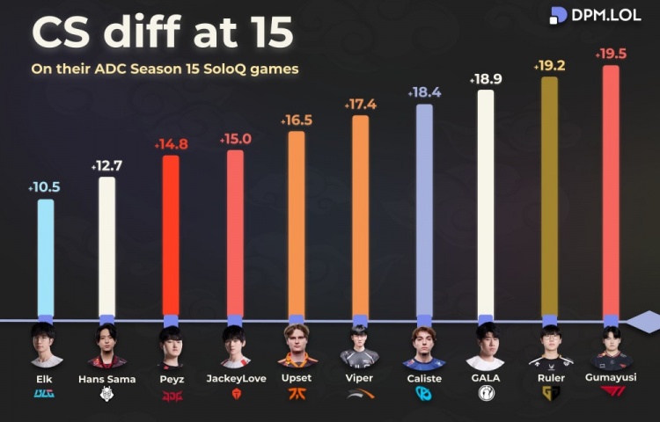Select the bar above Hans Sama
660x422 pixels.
[x=106, y=246]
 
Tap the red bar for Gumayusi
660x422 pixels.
[x=610, y=190]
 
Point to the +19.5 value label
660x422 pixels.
[x=611, y=55]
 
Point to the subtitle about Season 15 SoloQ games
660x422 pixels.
[x=165, y=69]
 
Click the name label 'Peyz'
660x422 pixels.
[x=170, y=379]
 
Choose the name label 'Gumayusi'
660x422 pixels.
[x=610, y=377]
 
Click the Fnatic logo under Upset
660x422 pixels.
[x=297, y=396]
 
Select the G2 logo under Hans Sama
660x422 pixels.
[x=106, y=396]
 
